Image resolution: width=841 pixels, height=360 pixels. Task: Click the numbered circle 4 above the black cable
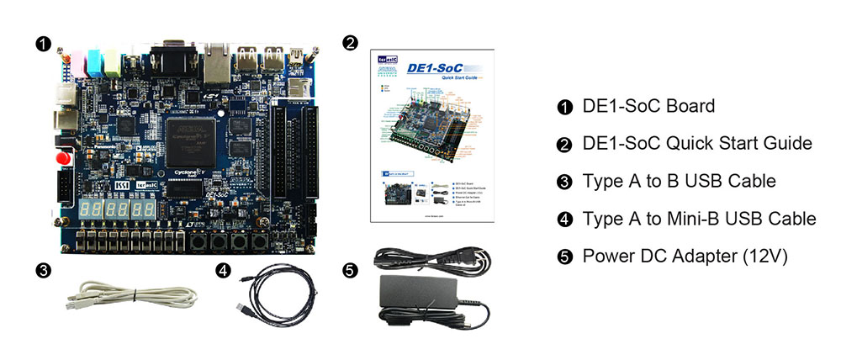pos(222,270)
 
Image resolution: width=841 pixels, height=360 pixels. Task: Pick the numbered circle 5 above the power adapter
pos(351,270)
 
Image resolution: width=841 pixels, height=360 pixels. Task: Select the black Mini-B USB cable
pos(278,294)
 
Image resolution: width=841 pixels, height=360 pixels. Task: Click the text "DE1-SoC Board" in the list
pos(648,106)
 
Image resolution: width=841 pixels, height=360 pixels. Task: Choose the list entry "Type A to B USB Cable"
pos(679,181)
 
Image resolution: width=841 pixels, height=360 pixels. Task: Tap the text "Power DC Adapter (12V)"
pos(685,256)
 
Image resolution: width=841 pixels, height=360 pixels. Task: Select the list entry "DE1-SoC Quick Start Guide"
pos(697,143)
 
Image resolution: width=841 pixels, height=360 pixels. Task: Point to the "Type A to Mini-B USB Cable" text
pos(699,219)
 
